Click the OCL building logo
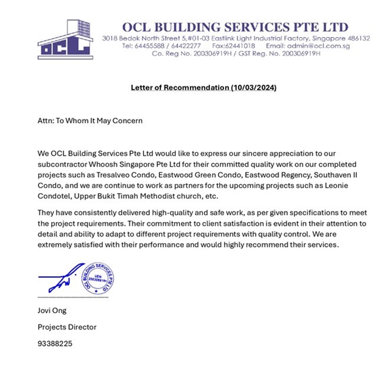65,41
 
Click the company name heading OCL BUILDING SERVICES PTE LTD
235,26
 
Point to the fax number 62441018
240,46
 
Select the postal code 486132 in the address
357,38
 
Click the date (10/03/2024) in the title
253,88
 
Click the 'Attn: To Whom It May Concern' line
90,120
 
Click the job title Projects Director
66,327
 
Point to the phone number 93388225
55,344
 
